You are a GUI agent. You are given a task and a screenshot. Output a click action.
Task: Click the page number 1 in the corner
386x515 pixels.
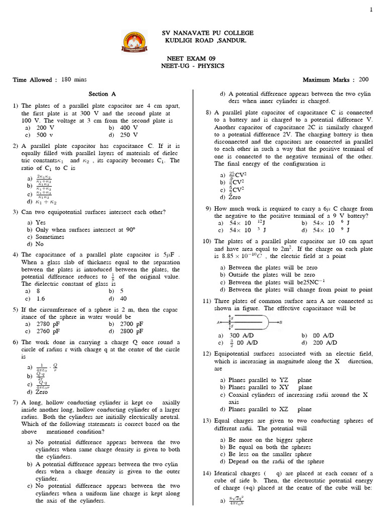coord(371,10)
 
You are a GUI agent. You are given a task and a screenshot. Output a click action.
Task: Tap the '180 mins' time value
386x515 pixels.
coord(74,80)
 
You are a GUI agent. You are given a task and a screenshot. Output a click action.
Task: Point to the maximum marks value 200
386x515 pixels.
coord(363,79)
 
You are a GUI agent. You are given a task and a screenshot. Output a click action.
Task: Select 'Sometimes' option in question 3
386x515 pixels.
coord(49,236)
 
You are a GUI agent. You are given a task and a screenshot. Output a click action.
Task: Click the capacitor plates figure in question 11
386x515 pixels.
coord(249,322)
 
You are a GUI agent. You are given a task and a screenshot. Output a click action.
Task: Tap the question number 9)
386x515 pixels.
coord(208,209)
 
